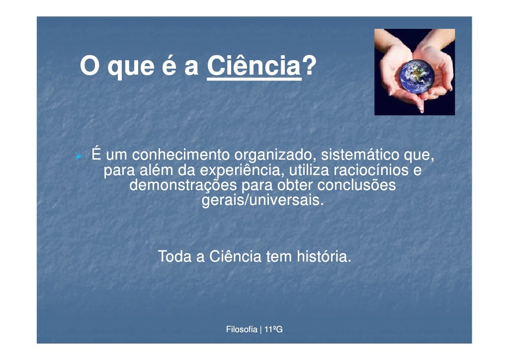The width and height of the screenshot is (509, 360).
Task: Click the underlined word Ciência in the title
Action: (x=254, y=67)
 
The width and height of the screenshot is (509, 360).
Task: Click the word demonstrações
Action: (x=183, y=186)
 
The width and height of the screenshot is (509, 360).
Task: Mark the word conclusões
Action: (x=356, y=186)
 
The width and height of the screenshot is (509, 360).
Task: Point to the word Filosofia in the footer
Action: (x=242, y=329)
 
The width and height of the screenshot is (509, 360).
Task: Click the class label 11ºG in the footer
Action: (x=273, y=329)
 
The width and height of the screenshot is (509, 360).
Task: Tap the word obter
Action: (x=294, y=186)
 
